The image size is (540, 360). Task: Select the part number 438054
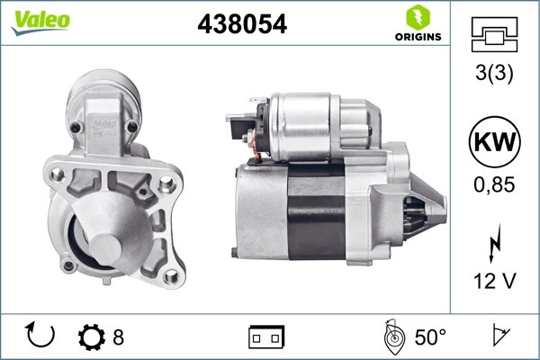click(242, 24)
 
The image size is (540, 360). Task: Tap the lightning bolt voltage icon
click(494, 242)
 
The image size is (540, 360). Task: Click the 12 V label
click(494, 282)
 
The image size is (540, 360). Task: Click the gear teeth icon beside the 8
click(93, 337)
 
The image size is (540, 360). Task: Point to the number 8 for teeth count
click(118, 337)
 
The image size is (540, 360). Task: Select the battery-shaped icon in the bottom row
click(265, 337)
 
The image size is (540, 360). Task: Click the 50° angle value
click(430, 337)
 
